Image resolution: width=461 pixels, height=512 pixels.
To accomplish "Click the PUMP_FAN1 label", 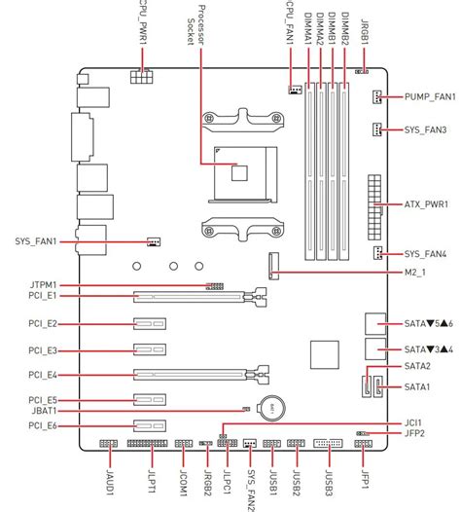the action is point(430,97).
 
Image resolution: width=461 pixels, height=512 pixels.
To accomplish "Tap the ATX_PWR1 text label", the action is point(426,204).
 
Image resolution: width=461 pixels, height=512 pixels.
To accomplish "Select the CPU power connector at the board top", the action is point(142,76).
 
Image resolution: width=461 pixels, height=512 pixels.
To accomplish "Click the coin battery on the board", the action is point(271,408).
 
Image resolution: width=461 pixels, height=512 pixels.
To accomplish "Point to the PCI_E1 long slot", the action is point(200,297).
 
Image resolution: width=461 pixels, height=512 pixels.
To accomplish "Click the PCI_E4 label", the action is point(43,375).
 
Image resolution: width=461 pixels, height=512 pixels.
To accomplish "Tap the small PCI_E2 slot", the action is point(150,323).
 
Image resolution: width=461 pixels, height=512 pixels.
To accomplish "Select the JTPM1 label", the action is point(44,285).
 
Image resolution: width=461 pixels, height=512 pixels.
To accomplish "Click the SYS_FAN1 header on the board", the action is point(154,241).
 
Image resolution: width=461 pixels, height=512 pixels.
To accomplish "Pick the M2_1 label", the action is point(415,273).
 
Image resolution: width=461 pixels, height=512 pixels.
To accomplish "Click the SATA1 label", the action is point(417,387).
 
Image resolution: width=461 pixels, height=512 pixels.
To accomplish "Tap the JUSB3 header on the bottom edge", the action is point(328,443).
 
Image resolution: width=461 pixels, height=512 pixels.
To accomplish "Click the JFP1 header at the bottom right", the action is point(363,444).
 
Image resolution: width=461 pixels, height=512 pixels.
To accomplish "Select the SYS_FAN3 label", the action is point(425,130).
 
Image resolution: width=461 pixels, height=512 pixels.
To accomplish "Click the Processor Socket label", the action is point(195,24).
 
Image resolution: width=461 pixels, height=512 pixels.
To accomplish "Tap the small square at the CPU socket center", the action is point(239,173).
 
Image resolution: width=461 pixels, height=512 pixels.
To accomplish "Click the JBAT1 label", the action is point(45,411).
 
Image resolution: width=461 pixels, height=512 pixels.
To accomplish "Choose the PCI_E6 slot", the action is point(150,425).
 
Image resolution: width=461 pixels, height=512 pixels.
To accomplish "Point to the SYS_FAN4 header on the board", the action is point(377,253).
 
